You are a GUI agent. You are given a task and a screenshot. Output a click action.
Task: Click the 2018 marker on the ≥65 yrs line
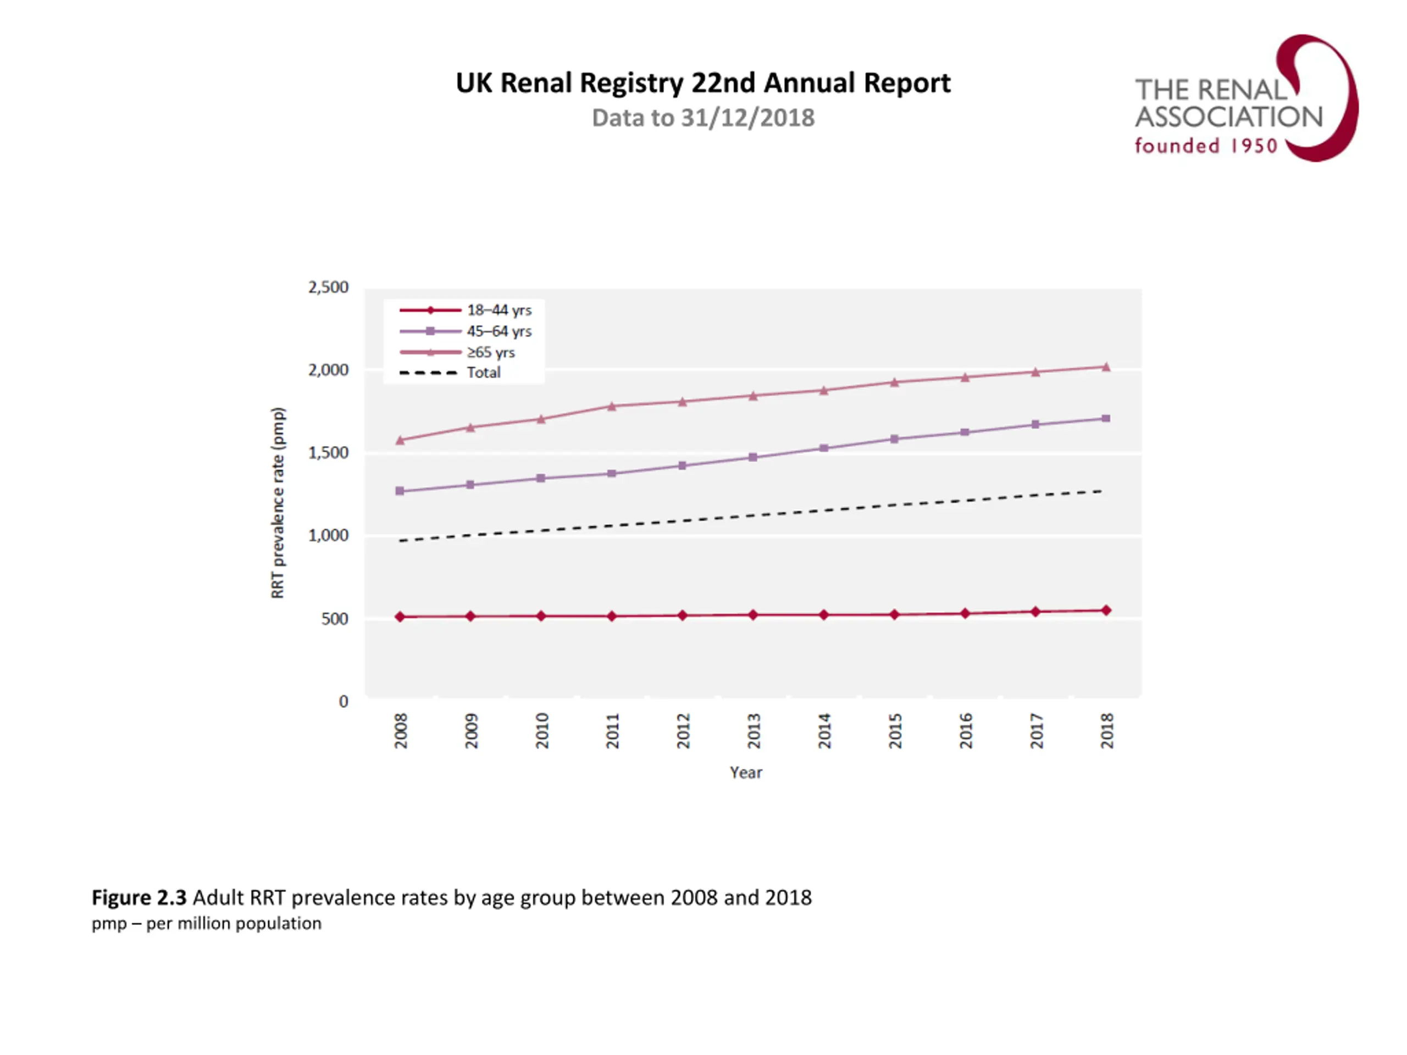click(1106, 367)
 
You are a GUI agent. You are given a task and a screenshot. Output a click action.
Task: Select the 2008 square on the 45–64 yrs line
click(400, 491)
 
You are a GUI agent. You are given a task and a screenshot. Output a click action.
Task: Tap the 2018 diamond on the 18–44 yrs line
click(1106, 610)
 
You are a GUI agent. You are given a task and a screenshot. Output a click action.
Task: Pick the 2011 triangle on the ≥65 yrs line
click(612, 407)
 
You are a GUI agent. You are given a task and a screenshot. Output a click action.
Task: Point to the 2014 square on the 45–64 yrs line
click(824, 448)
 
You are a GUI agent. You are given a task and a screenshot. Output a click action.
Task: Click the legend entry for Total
click(484, 373)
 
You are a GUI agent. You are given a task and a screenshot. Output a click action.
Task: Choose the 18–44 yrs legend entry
click(498, 310)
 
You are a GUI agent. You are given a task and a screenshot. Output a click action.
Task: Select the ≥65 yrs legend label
click(490, 352)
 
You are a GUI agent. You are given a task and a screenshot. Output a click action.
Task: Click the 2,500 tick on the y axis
click(328, 287)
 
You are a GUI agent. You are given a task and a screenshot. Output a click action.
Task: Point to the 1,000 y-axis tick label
click(328, 535)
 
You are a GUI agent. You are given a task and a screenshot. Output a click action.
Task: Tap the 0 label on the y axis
click(344, 702)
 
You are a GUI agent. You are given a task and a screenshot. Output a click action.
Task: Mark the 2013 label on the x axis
click(754, 731)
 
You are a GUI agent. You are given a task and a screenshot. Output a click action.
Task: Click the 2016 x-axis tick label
click(966, 731)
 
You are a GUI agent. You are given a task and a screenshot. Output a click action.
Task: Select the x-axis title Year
click(745, 773)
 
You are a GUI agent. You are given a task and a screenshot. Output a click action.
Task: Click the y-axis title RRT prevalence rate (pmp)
click(278, 502)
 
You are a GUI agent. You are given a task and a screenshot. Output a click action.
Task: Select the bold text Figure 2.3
click(139, 897)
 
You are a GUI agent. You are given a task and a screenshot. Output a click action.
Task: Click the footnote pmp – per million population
click(207, 923)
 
